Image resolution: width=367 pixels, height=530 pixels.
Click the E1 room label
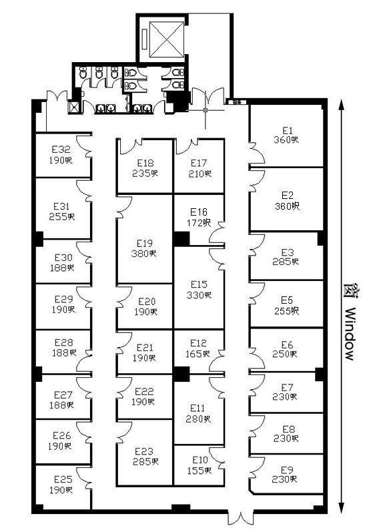[287, 130]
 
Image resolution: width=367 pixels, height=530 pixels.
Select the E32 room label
[61, 150]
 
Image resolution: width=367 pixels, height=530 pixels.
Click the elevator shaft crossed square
[167, 39]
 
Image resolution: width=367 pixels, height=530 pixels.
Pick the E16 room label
[199, 212]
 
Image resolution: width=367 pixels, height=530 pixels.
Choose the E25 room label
[63, 479]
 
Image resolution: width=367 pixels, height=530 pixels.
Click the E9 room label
[287, 470]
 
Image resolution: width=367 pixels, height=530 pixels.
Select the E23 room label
[144, 451]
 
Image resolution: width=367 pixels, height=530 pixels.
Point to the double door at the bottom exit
[241, 517]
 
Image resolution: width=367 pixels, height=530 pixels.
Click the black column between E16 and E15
[181, 239]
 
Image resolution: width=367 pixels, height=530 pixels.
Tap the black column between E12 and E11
[181, 374]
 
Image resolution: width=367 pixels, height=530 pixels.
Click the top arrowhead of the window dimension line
[342, 105]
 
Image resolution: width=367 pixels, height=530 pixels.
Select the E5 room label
[287, 300]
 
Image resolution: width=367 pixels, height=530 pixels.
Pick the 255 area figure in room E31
[58, 217]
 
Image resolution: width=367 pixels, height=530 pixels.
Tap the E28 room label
[63, 342]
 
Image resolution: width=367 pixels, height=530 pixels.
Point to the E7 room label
[287, 387]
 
